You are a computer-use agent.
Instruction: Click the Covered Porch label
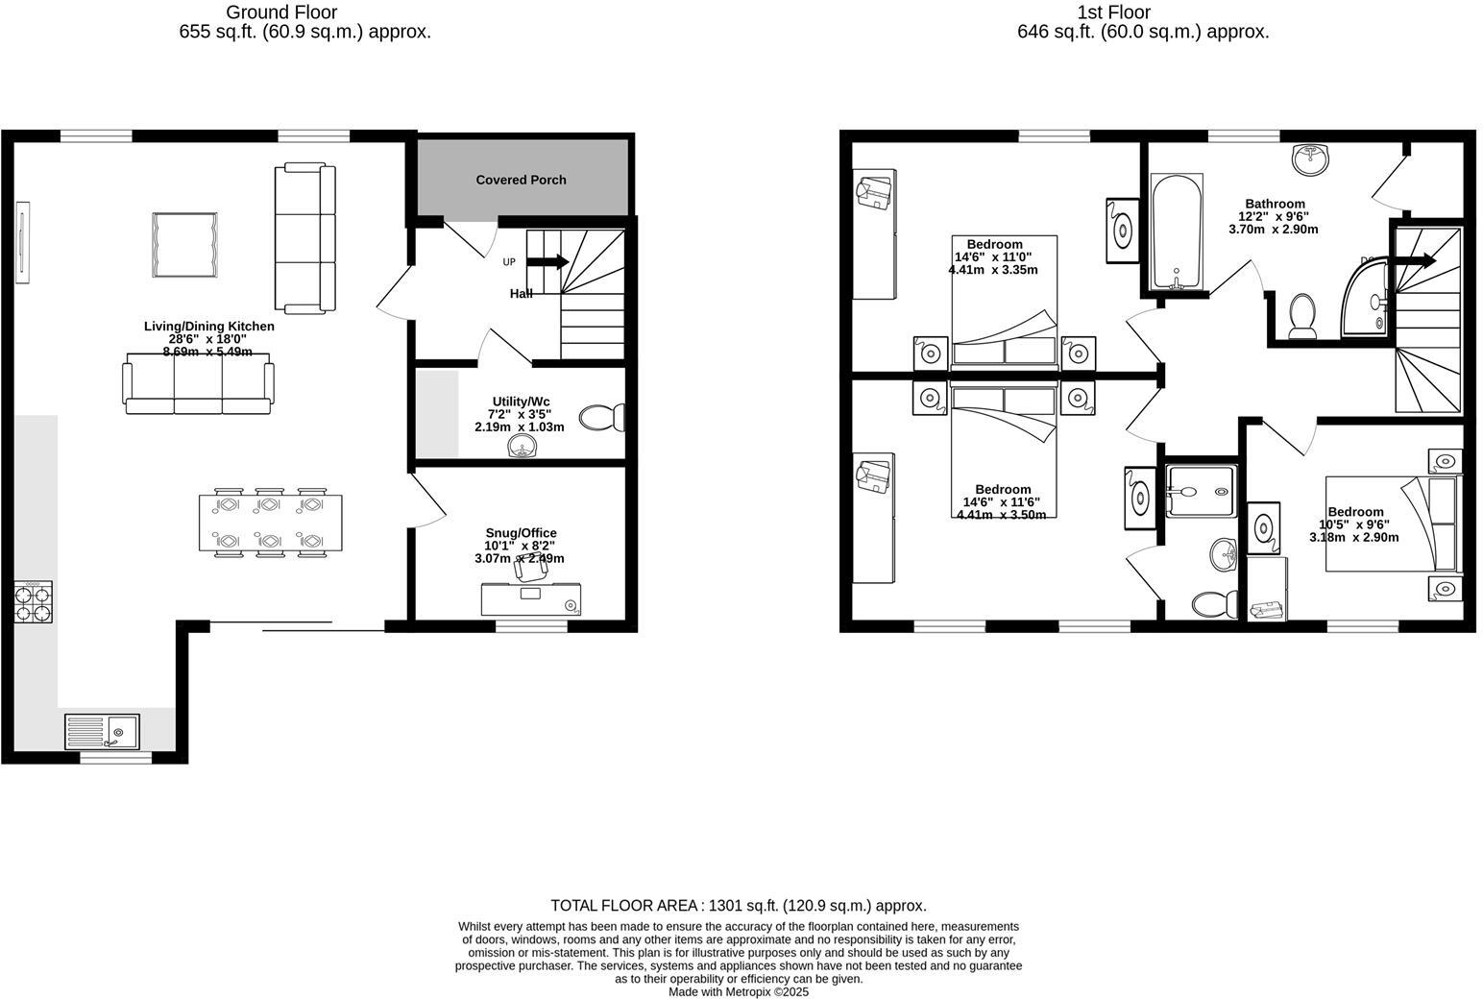click(x=521, y=180)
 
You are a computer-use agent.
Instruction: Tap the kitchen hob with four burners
click(x=33, y=602)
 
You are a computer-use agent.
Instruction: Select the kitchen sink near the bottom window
click(x=102, y=731)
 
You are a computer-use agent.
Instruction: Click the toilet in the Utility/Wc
click(x=602, y=417)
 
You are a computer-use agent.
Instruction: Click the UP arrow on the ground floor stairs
click(x=547, y=261)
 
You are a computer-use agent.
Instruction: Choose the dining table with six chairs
click(x=270, y=523)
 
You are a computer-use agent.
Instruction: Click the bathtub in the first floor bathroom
click(x=1176, y=231)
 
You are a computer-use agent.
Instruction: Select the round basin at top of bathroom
click(x=1310, y=158)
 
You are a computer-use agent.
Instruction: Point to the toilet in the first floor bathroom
click(x=1302, y=316)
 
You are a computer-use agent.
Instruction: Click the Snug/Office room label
click(x=521, y=533)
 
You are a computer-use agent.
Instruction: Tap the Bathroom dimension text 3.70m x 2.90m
click(x=1273, y=230)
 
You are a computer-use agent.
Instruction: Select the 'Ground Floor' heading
click(x=281, y=12)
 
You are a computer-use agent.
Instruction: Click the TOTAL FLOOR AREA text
click(x=738, y=905)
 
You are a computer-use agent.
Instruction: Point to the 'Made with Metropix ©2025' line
click(x=738, y=991)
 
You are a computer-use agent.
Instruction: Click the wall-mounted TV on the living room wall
click(x=22, y=242)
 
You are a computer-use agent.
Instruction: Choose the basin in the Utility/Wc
click(x=523, y=447)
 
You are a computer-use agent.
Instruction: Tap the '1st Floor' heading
click(x=1114, y=12)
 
